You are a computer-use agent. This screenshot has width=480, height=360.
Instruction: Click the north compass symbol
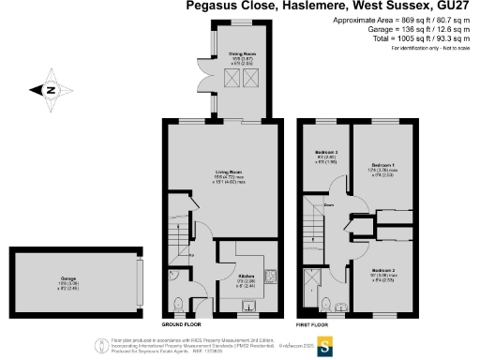[x=48, y=91]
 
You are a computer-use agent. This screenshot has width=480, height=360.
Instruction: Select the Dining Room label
[x=242, y=54]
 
